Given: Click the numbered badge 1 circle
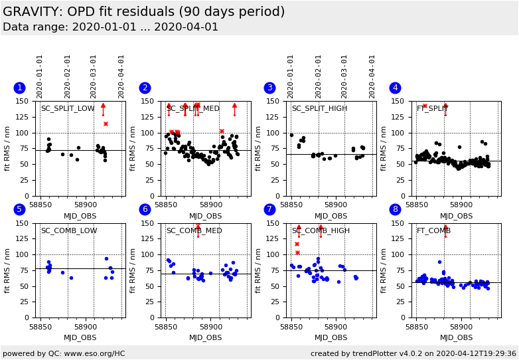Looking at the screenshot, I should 19,88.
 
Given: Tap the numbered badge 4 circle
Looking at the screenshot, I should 396,88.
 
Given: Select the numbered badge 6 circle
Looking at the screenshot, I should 145,209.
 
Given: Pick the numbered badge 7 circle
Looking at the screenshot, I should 270,209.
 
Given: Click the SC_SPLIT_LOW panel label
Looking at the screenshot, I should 68,109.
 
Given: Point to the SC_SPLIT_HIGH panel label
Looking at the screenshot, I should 319,109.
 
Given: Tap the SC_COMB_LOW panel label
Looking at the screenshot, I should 69,230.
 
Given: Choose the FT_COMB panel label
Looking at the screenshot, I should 434,230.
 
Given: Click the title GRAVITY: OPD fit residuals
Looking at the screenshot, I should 143,12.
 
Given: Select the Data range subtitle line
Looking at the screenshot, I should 110,27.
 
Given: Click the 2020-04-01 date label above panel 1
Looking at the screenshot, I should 121,76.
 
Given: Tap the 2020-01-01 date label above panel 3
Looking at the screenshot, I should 291,76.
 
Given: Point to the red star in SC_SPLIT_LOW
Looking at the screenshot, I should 106,124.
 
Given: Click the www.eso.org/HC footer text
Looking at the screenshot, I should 64,353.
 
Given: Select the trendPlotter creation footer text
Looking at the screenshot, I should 413,353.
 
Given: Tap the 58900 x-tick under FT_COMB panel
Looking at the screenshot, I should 461,327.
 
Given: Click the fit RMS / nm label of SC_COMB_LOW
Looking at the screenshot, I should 7,270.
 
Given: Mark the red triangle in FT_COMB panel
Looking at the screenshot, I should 445,227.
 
